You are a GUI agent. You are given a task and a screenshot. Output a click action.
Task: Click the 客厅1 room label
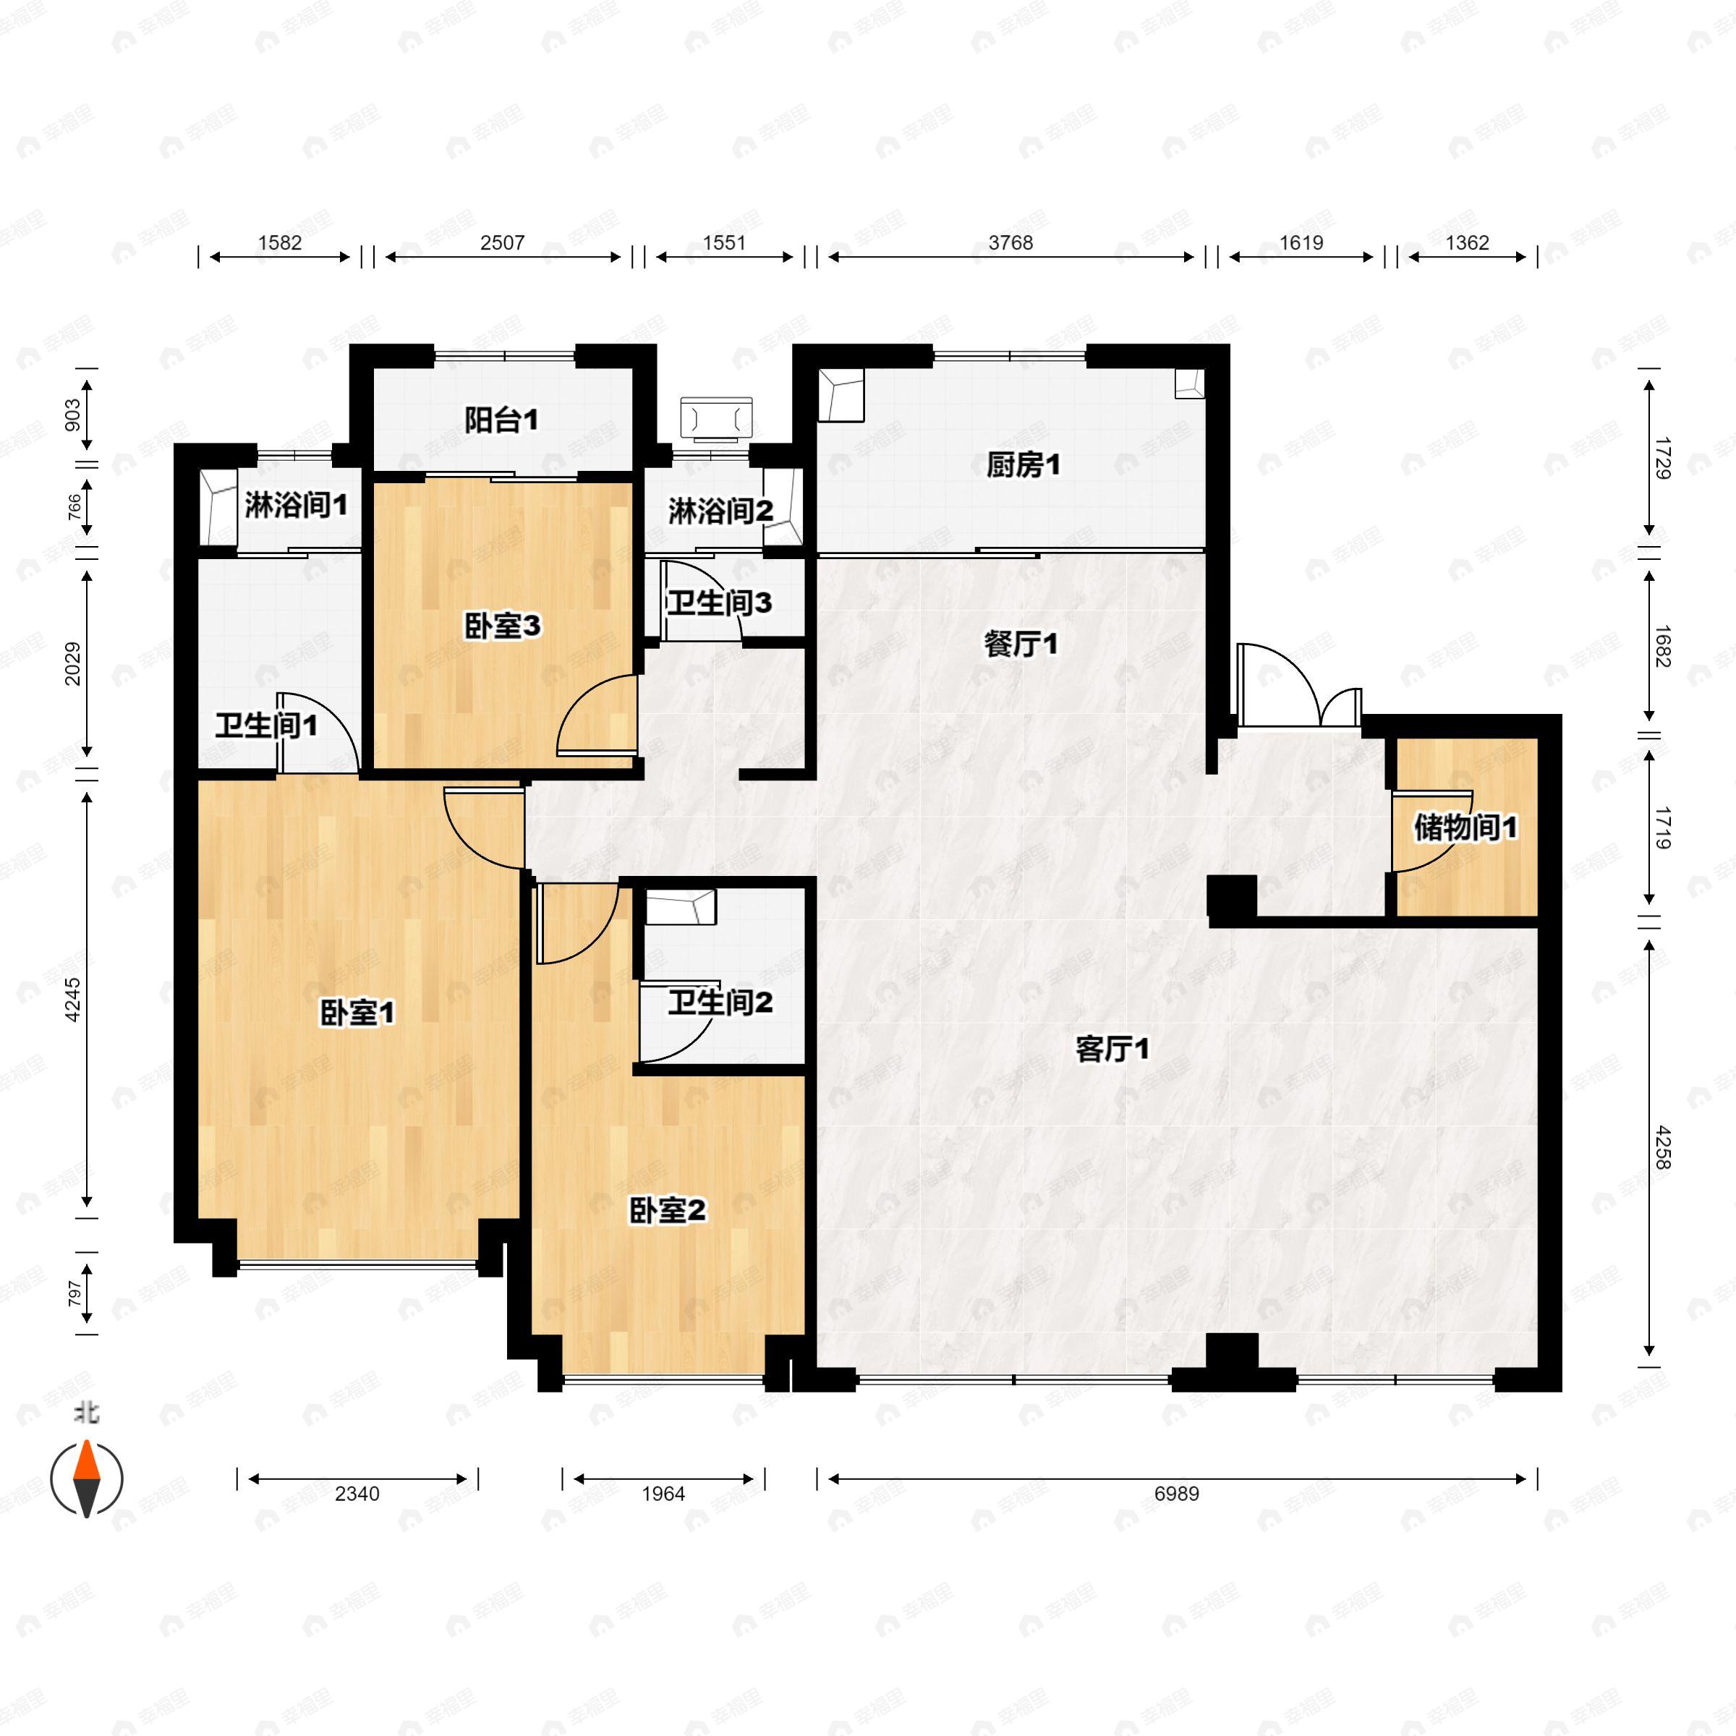[1112, 1050]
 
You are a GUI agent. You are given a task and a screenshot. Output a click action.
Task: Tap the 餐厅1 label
[1021, 644]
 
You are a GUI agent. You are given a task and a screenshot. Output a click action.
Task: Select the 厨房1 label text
[1023, 465]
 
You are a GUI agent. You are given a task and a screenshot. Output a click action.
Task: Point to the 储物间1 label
[1465, 827]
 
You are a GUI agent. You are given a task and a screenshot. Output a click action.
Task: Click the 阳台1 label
[501, 420]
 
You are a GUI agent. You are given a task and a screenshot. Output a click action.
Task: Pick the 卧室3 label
[502, 626]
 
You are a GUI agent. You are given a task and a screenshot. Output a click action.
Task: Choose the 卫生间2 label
[720, 1002]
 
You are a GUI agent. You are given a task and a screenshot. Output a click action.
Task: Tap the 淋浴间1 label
[296, 506]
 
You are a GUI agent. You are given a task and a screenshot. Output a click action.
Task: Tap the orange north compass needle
[87, 1460]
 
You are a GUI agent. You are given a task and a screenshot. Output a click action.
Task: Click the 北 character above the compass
[86, 1413]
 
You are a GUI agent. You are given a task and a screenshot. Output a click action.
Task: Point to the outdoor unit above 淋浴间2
[716, 419]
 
